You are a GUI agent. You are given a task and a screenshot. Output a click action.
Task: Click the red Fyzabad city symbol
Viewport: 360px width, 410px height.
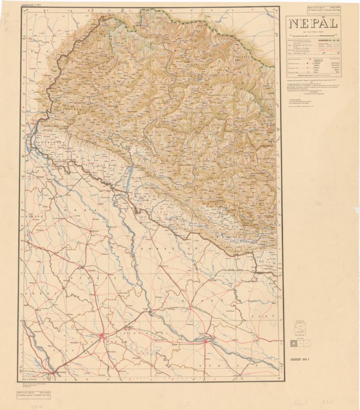209,340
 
